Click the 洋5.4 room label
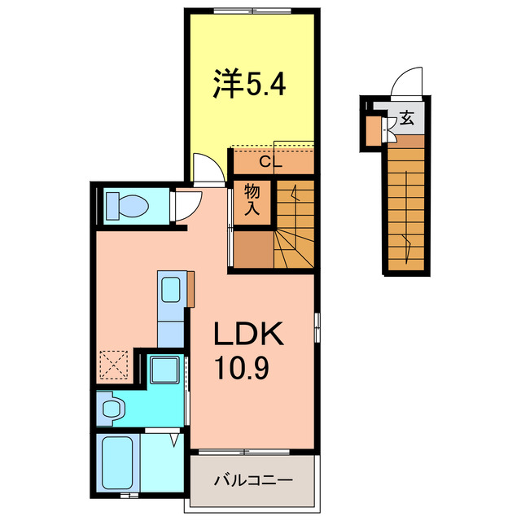click(249, 85)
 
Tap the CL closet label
click(269, 162)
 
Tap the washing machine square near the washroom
click(167, 370)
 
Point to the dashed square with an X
click(113, 366)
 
